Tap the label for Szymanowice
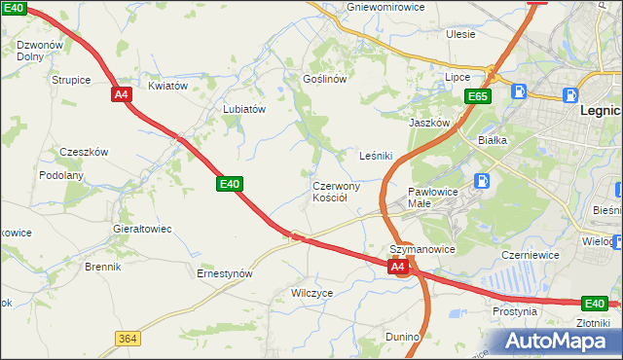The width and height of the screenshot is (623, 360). (422, 249)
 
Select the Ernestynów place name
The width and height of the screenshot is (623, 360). (225, 273)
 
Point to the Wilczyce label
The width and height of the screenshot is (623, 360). (312, 292)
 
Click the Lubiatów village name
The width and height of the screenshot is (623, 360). (244, 109)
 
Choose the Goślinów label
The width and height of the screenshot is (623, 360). (325, 79)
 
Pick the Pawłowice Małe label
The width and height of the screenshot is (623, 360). (433, 198)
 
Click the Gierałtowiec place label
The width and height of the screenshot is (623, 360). (142, 229)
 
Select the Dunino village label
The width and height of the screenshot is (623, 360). (402, 337)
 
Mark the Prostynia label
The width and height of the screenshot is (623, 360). (515, 312)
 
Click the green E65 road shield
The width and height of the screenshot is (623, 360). (477, 96)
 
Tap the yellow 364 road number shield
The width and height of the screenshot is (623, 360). (127, 338)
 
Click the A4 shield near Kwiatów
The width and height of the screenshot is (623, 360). (121, 94)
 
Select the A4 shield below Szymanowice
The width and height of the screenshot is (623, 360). (397, 266)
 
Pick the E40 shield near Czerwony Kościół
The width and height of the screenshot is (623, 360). (230, 183)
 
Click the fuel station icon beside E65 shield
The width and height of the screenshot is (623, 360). (519, 92)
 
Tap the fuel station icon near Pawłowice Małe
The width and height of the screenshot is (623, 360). (481, 180)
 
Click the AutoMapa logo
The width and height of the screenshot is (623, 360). (553, 341)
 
